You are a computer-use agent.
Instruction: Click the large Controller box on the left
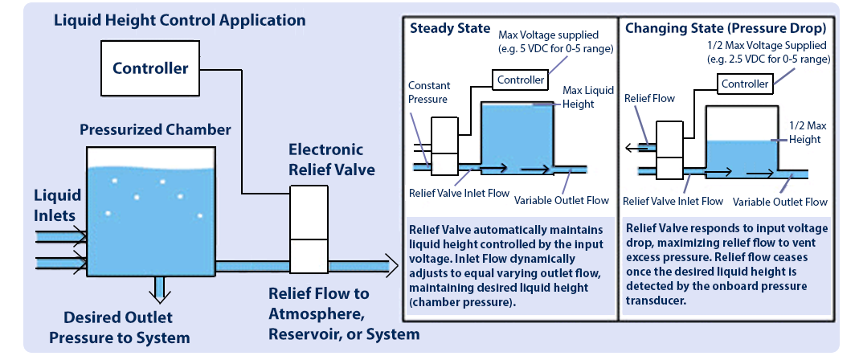150,67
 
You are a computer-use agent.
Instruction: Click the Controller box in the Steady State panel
520,80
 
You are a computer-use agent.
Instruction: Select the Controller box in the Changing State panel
744,84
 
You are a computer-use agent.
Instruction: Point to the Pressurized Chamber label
155,129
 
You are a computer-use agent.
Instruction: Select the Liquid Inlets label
57,205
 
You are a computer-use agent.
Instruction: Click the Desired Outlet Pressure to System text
119,327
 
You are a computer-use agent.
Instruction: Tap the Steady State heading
449,28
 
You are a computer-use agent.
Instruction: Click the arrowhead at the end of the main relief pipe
391,263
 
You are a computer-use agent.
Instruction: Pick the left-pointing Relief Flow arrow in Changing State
638,148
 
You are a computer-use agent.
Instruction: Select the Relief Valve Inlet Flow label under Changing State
673,201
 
